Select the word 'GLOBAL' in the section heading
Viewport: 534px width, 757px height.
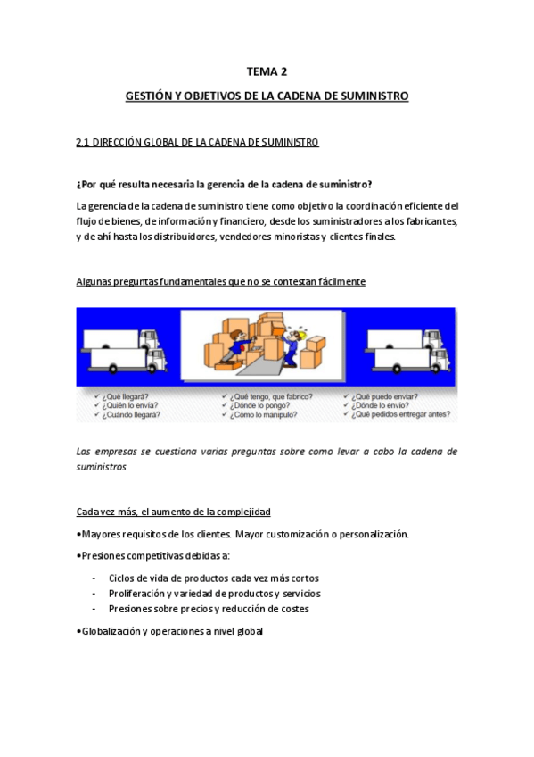pos(160,142)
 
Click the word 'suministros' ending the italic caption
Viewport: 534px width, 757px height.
pos(102,466)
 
